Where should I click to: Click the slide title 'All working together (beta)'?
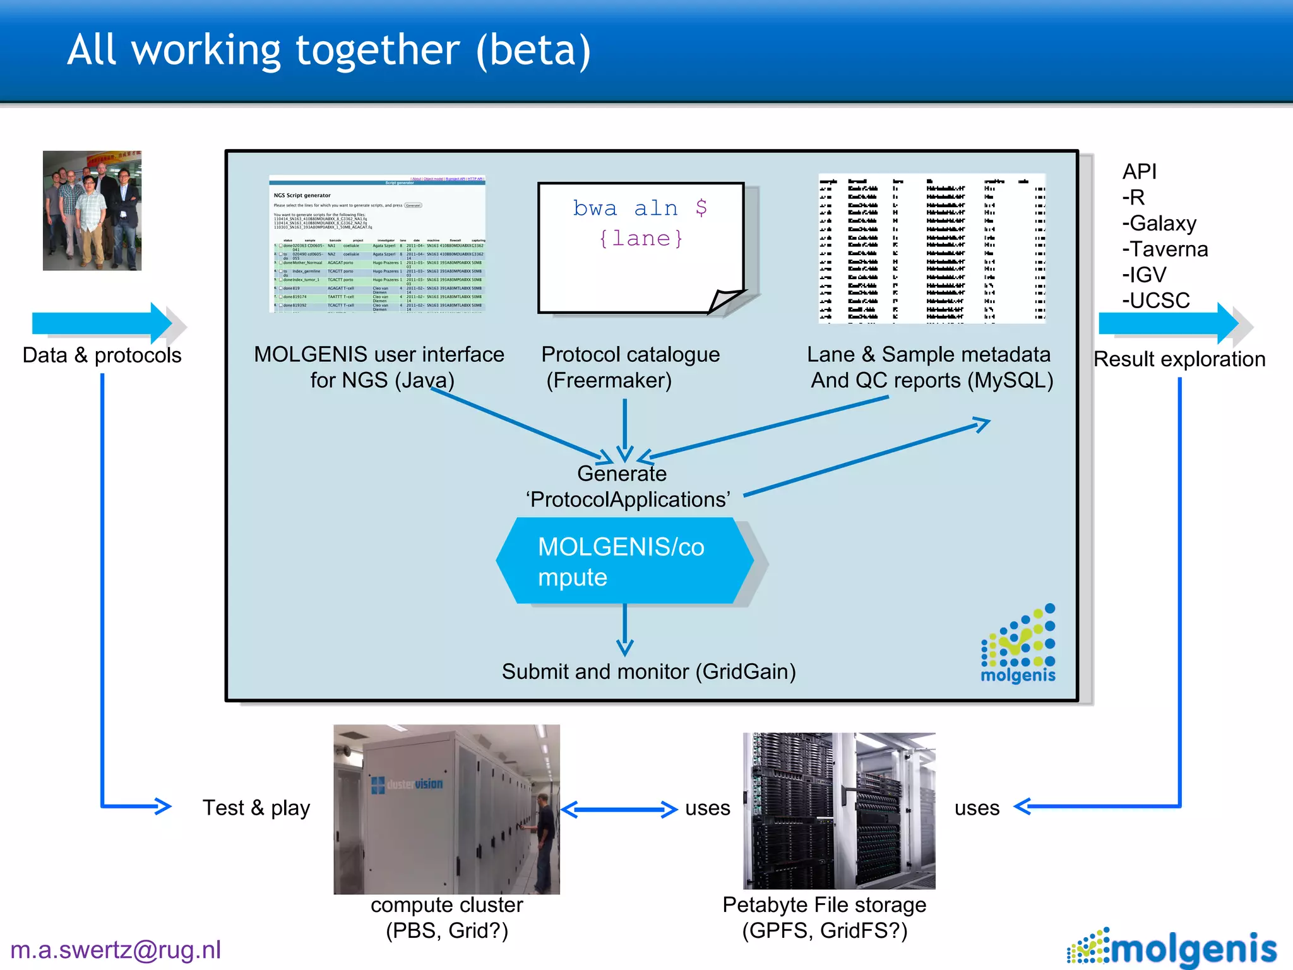click(x=329, y=51)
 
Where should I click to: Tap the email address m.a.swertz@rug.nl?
click(x=116, y=950)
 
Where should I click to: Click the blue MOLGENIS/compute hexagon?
click(x=624, y=561)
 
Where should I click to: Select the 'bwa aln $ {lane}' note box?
click(x=640, y=246)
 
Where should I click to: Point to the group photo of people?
click(x=92, y=210)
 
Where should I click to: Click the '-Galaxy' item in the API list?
click(x=1159, y=224)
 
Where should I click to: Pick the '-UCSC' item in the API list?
click(x=1156, y=301)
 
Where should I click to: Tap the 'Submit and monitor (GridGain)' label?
click(x=648, y=671)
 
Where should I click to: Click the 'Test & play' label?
click(x=256, y=808)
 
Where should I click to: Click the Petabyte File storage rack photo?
click(x=838, y=810)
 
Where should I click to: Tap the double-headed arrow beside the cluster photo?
click(x=619, y=809)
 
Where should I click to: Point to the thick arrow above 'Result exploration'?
click(x=1169, y=323)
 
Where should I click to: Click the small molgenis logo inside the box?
click(x=1018, y=645)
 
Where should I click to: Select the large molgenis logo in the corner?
click(x=1173, y=948)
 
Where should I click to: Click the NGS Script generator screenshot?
click(x=378, y=244)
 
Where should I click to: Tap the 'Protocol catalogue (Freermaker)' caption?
click(x=630, y=368)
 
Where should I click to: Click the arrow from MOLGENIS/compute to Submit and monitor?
click(x=625, y=630)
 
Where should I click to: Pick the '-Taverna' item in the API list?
click(x=1165, y=249)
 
